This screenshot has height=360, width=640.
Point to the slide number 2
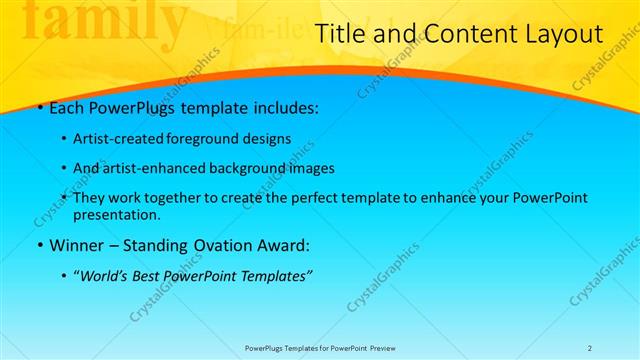point(590,347)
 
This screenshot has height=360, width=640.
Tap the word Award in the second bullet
point(281,245)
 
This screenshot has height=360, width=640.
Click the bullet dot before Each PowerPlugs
point(38,106)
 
